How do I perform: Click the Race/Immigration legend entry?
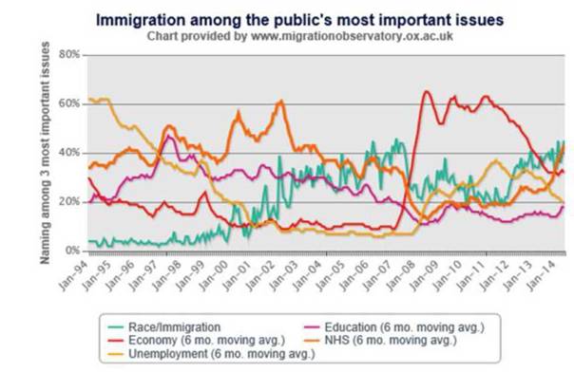click(164, 326)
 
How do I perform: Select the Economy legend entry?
click(197, 340)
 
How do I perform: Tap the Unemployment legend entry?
click(212, 354)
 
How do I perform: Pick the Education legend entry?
click(394, 326)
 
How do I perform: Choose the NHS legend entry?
click(381, 340)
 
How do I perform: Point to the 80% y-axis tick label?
click(69, 54)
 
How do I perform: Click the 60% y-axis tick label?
click(69, 103)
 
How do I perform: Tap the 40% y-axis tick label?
click(69, 153)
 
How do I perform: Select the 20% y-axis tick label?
click(69, 202)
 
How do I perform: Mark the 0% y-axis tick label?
click(72, 251)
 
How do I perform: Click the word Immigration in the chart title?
click(141, 20)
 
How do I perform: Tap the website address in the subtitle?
click(352, 36)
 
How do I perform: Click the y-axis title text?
click(45, 153)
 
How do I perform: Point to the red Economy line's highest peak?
click(426, 91)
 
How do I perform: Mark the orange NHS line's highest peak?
click(280, 101)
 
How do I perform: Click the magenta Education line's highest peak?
click(168, 136)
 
